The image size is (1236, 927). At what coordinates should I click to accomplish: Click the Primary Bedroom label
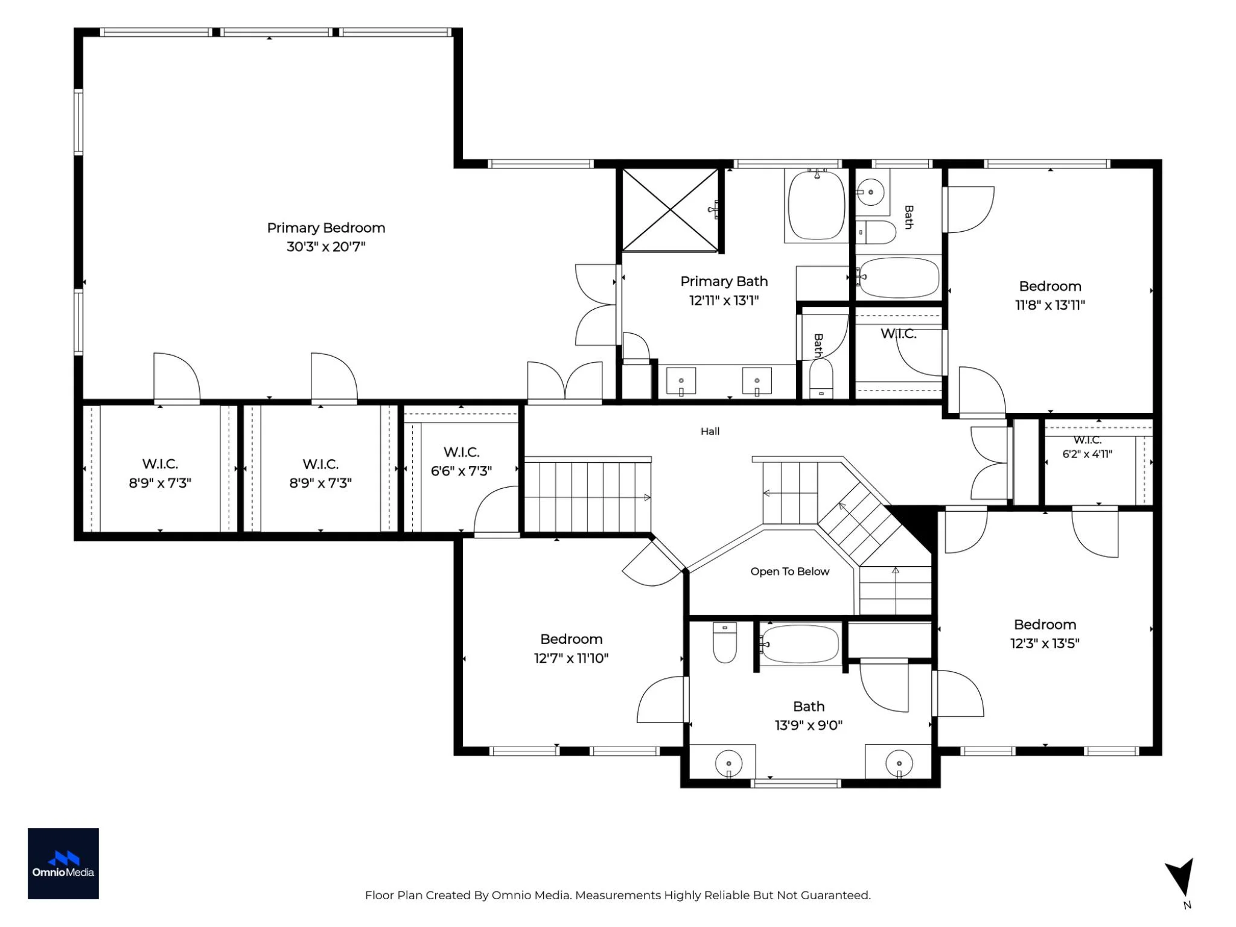point(326,228)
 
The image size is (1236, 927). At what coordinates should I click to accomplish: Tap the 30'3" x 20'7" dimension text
point(326,247)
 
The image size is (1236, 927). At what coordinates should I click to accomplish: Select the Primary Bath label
point(724,281)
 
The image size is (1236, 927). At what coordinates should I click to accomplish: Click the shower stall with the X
point(671,209)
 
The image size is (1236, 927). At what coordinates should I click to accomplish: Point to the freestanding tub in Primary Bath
point(817,206)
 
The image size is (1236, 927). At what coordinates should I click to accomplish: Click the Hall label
point(710,432)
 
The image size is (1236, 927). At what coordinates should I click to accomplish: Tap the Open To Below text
point(790,572)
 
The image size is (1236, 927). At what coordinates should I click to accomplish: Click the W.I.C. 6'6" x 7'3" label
point(462,462)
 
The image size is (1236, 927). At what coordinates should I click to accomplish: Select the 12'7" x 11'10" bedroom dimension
point(571,658)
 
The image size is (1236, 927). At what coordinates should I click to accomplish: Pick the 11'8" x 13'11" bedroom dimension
point(1050,305)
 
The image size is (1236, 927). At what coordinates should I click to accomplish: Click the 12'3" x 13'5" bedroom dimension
point(1045,643)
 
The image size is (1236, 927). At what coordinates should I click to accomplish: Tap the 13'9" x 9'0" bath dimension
point(809,725)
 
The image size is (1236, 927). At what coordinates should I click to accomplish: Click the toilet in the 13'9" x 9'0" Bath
point(725,643)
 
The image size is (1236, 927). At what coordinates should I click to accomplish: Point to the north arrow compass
point(1181,878)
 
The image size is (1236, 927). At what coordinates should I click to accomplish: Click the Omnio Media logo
point(63,864)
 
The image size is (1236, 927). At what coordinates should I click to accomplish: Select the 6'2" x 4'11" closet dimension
point(1088,454)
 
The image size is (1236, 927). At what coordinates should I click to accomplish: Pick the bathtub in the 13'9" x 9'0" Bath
point(799,644)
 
